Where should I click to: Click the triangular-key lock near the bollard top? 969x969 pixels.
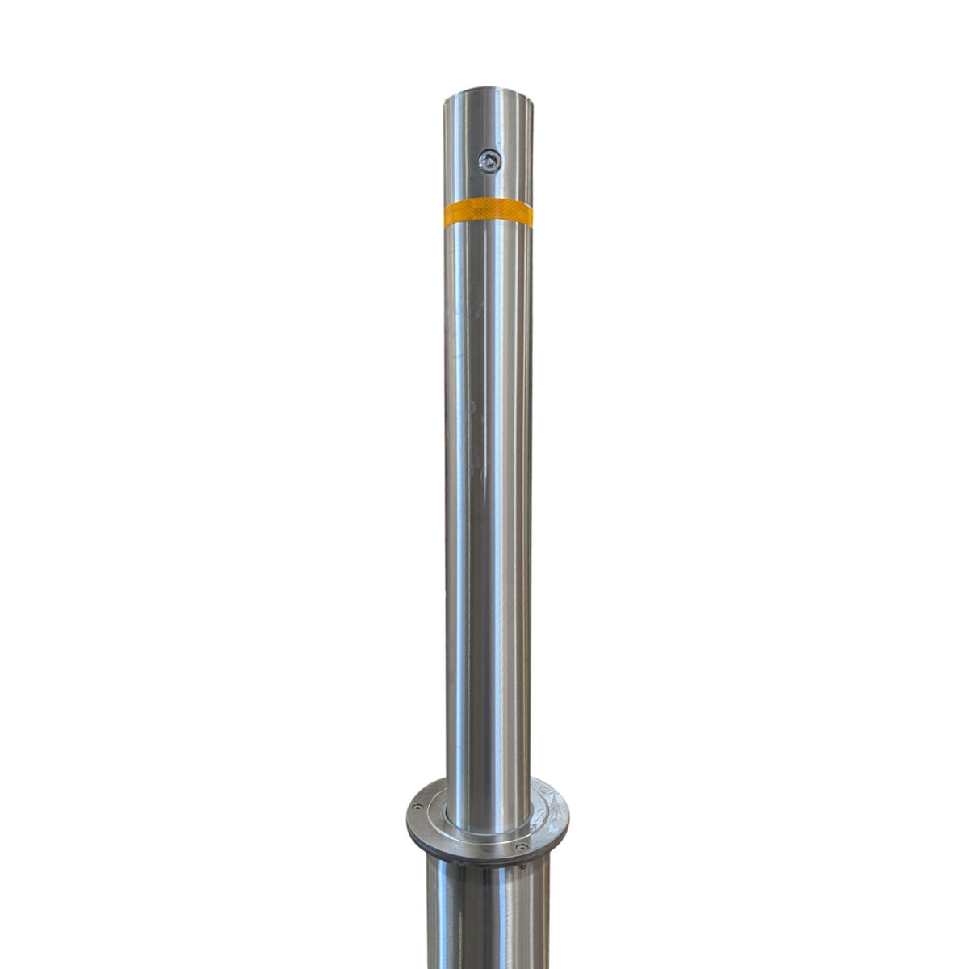click(488, 162)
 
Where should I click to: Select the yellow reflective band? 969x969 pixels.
click(488, 212)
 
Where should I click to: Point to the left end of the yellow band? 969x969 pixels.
click(446, 215)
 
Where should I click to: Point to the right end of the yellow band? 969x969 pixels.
click(530, 212)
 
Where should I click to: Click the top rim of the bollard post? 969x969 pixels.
click(488, 93)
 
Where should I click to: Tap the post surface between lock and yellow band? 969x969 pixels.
click(488, 187)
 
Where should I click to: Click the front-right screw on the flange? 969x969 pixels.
click(522, 847)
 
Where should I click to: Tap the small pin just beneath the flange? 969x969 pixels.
click(522, 865)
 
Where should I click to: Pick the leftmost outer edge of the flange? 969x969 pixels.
click(407, 820)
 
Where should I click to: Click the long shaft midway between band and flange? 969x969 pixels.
click(488, 501)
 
